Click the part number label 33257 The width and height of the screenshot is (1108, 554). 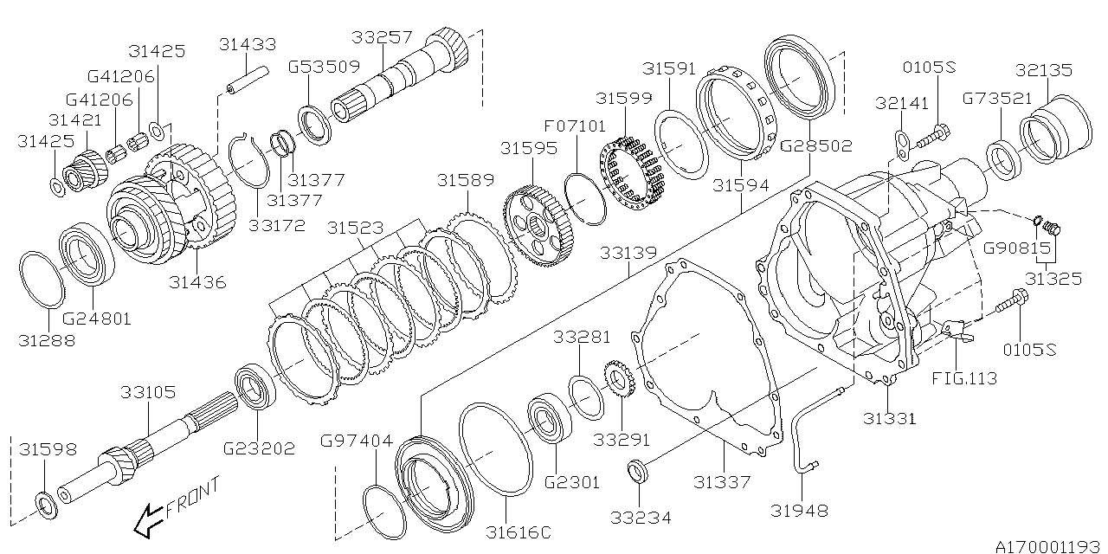point(383,37)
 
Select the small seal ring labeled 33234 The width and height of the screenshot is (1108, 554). point(640,472)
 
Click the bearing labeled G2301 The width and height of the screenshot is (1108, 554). point(547,420)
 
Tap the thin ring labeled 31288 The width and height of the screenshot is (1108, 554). point(42,278)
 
